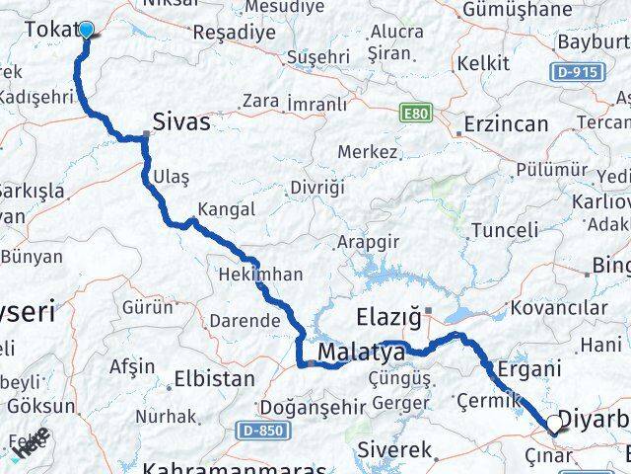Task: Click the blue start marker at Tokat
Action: tap(86, 30)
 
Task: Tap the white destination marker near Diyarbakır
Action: tap(555, 425)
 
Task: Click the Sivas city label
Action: tap(181, 121)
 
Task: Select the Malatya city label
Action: tap(361, 353)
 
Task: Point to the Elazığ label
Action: tap(387, 318)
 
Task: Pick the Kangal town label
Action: tap(226, 209)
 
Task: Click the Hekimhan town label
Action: tap(259, 274)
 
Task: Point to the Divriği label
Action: tap(316, 188)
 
